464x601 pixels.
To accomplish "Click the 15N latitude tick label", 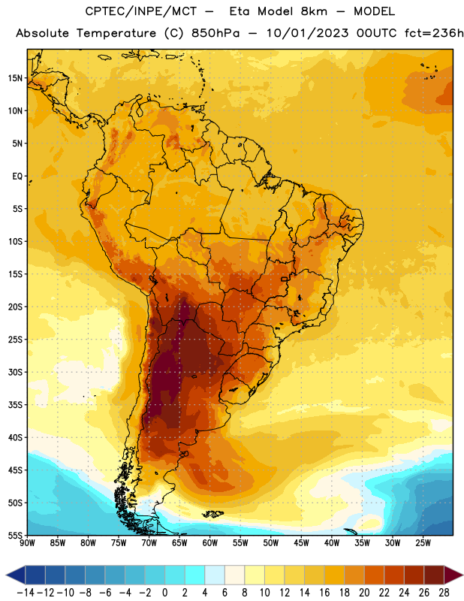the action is pyautogui.click(x=15, y=78).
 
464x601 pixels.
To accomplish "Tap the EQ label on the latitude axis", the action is pyautogui.click(x=17, y=177).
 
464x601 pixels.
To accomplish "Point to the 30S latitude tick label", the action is pyautogui.click(x=15, y=372).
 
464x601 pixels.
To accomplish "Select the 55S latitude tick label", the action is pyautogui.click(x=15, y=536).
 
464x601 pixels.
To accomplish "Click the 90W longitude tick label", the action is pyautogui.click(x=27, y=543).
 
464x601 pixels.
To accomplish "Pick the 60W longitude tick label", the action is pyautogui.click(x=210, y=543).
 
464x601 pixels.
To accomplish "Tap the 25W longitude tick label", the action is pyautogui.click(x=423, y=543).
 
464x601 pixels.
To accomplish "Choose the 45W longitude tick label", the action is pyautogui.click(x=301, y=543).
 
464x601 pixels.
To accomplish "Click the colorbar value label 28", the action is pyautogui.click(x=444, y=593).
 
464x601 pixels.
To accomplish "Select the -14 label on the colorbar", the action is pyautogui.click(x=26, y=593).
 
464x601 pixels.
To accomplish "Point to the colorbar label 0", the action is pyautogui.click(x=164, y=593).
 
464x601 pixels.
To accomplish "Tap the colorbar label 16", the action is pyautogui.click(x=324, y=593).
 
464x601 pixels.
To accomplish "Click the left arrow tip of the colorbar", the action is pyautogui.click(x=6, y=575).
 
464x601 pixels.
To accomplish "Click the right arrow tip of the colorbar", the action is pyautogui.click(x=463, y=575).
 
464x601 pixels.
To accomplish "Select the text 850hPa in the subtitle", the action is pyautogui.click(x=215, y=33).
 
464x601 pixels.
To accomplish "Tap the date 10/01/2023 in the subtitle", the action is pyautogui.click(x=308, y=33).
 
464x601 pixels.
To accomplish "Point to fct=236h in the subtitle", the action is pyautogui.click(x=434, y=33).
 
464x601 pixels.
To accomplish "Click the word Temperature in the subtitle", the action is pyautogui.click(x=116, y=34).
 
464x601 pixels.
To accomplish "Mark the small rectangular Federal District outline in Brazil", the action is pyautogui.click(x=285, y=279).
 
